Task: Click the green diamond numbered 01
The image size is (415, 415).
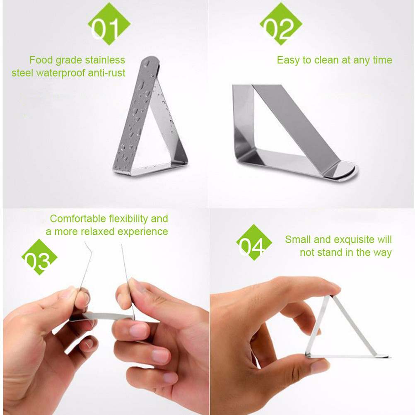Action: click(109, 24)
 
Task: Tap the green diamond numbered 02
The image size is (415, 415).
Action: click(281, 24)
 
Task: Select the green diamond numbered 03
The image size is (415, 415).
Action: click(39, 257)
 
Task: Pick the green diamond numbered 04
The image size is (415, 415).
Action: click(254, 242)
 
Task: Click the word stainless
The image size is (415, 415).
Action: click(105, 60)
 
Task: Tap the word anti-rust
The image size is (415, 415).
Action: click(106, 73)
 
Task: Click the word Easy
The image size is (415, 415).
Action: click(289, 60)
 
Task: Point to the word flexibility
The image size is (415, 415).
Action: click(129, 219)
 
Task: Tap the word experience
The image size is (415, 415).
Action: click(142, 232)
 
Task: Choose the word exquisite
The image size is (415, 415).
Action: click(354, 240)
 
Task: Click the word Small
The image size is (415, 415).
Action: click(298, 239)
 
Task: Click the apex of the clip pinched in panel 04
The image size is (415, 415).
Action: click(331, 296)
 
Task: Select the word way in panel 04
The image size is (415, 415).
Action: click(383, 253)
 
